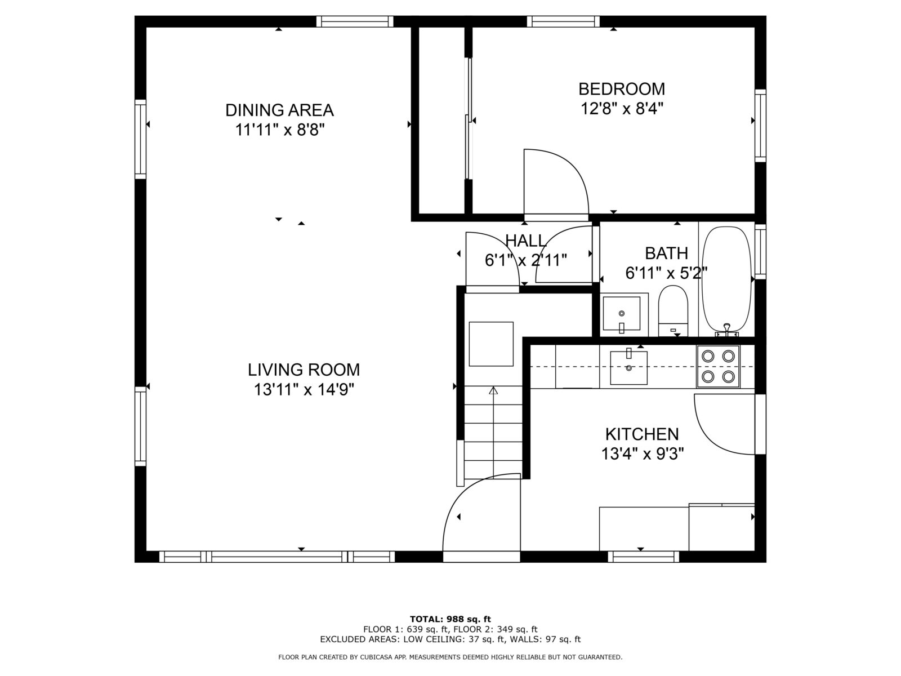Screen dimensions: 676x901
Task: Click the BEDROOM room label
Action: pyautogui.click(x=622, y=89)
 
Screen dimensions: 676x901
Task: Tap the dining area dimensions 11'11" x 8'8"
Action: pyautogui.click(x=280, y=130)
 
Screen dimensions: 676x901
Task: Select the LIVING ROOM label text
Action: pyautogui.click(x=304, y=370)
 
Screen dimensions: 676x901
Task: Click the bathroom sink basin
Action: pyautogui.click(x=621, y=313)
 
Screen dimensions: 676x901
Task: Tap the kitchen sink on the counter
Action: pyautogui.click(x=628, y=367)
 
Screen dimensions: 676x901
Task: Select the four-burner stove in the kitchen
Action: pyautogui.click(x=718, y=366)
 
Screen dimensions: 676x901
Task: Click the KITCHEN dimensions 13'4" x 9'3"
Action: pyautogui.click(x=642, y=453)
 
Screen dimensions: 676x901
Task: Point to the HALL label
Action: pyautogui.click(x=525, y=241)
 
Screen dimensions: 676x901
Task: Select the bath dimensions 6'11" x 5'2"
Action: pyautogui.click(x=666, y=274)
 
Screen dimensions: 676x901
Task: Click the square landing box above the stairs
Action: pyautogui.click(x=491, y=344)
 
